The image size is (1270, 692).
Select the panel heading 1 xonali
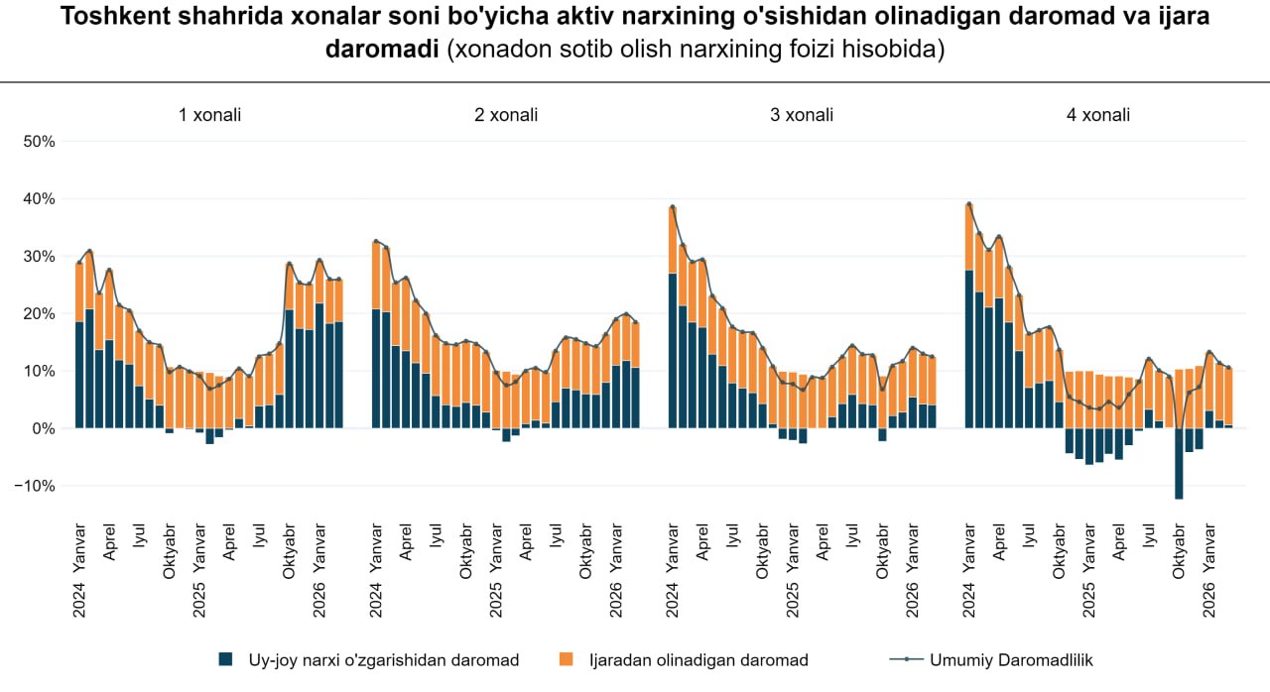coord(209,115)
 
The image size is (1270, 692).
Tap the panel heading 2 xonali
coord(506,115)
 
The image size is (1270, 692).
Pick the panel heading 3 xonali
coord(802,115)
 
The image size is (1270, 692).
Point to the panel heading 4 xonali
coord(1098,115)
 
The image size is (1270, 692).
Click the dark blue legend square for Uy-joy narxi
coord(226,660)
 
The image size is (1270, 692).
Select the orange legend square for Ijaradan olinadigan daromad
coord(568,660)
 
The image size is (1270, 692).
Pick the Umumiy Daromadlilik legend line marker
coord(908,660)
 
